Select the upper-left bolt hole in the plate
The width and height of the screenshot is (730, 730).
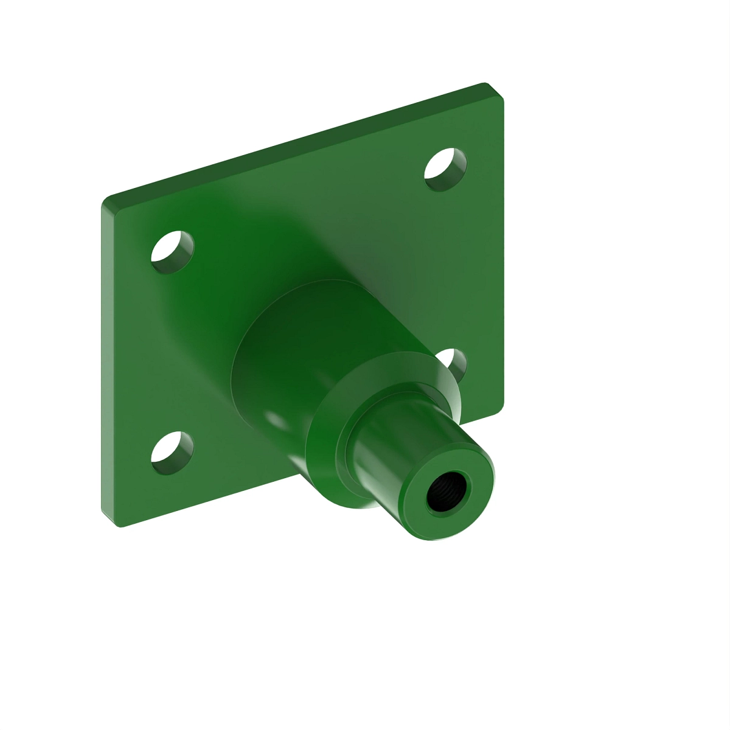tap(172, 252)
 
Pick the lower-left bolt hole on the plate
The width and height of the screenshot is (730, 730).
tap(172, 453)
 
